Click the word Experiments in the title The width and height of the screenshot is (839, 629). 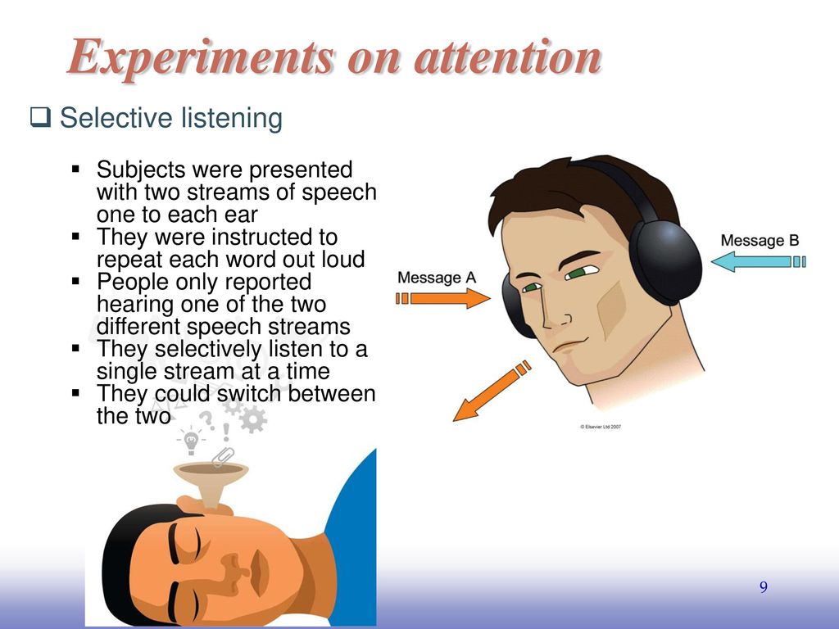202,57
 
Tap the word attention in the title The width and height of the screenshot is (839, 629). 508,57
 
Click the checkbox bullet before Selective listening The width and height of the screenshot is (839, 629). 40,117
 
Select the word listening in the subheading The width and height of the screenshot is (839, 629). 231,119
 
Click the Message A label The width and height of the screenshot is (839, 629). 437,278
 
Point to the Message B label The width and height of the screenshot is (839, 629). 760,241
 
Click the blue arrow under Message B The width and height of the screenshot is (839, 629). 758,261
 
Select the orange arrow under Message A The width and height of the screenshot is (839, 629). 443,298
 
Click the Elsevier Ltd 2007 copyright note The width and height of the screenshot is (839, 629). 601,427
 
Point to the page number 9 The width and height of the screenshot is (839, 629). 764,587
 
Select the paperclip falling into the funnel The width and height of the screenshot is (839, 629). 223,456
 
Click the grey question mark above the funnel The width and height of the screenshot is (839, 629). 207,420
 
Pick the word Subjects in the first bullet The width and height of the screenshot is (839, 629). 141,170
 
